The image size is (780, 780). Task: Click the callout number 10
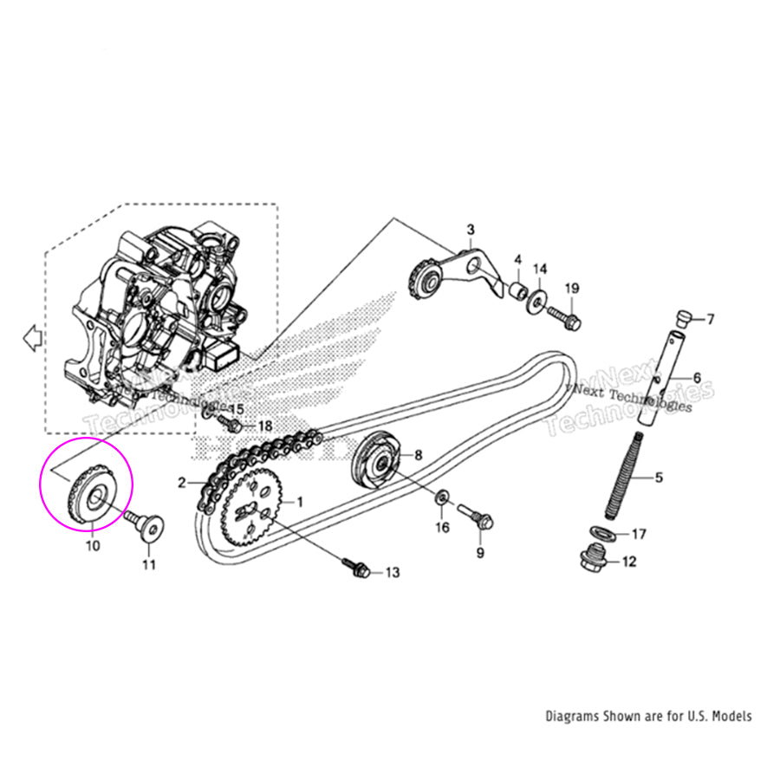click(x=92, y=546)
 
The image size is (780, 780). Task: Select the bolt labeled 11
click(x=143, y=524)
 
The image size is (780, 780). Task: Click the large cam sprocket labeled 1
click(x=251, y=512)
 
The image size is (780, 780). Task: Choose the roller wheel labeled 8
click(x=377, y=461)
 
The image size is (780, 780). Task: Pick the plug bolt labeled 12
click(x=591, y=560)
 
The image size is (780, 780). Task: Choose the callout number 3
click(x=471, y=230)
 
